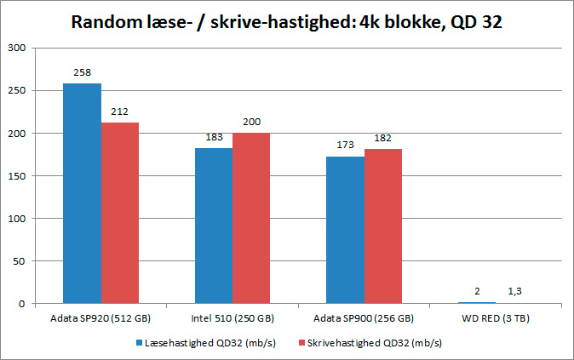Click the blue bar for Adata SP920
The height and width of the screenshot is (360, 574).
click(x=83, y=193)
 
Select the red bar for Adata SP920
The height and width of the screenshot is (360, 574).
click(x=120, y=213)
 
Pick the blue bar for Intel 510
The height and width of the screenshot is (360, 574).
click(x=214, y=226)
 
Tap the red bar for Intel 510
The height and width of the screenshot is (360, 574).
click(x=251, y=218)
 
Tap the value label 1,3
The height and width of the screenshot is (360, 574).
click(x=514, y=292)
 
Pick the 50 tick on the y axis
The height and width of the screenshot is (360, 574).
click(x=20, y=261)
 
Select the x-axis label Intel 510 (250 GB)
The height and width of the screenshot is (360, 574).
click(x=232, y=318)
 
